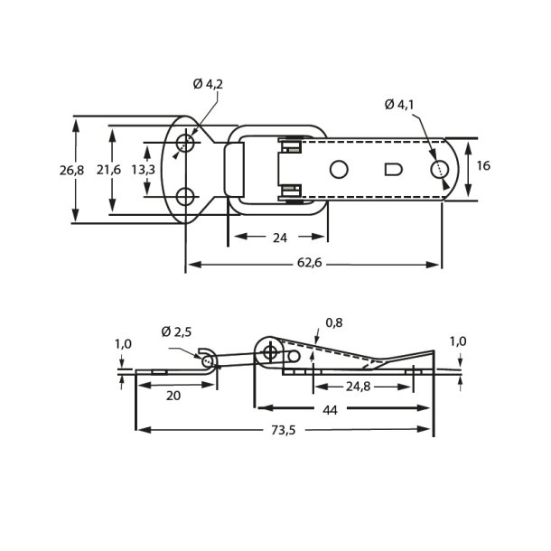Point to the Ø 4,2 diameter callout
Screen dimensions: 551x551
click(x=207, y=86)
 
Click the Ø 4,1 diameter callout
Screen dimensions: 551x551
click(x=399, y=105)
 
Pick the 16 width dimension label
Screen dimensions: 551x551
click(x=483, y=165)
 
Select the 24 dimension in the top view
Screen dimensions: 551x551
click(x=278, y=238)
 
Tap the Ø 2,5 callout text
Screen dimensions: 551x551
click(x=178, y=332)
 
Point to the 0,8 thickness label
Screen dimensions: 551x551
click(x=333, y=322)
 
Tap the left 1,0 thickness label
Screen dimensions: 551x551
click(x=123, y=343)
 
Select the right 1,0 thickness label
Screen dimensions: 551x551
click(x=458, y=341)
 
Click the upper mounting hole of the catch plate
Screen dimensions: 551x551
click(x=185, y=142)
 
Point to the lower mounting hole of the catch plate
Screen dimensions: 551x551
click(x=185, y=196)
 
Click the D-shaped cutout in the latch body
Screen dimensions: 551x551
click(x=393, y=169)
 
